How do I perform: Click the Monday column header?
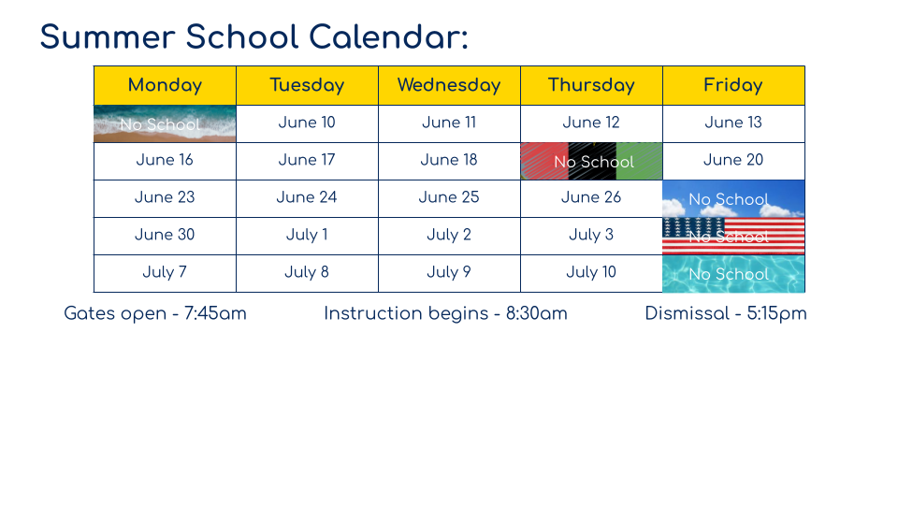[165, 85]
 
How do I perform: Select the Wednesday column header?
[449, 85]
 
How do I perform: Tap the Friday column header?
[733, 85]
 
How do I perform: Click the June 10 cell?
[307, 123]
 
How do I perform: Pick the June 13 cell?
[733, 123]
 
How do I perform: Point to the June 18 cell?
[449, 160]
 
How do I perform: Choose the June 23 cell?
[165, 197]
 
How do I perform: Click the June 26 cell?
[591, 197]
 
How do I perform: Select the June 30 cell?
[165, 235]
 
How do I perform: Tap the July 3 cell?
[591, 235]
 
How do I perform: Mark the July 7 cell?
[165, 272]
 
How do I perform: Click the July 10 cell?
[591, 272]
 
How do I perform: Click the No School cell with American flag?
[733, 236]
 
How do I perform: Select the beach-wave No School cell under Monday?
[165, 123]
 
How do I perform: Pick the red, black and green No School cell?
[591, 161]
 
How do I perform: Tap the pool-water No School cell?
[733, 273]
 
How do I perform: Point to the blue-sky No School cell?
[733, 198]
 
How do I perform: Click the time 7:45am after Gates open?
[215, 314]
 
